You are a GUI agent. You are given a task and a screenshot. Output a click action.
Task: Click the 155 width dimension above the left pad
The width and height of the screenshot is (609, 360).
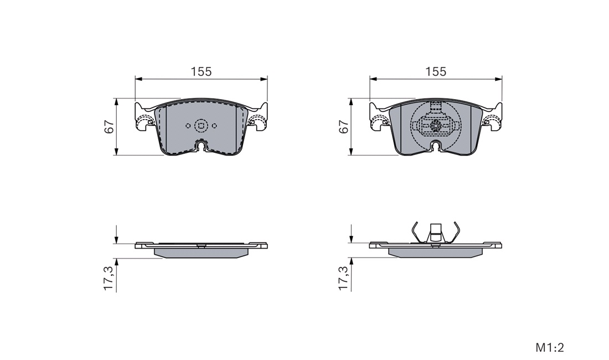(x=201, y=72)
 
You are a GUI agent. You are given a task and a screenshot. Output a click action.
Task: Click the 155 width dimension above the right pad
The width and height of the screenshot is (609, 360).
(x=436, y=72)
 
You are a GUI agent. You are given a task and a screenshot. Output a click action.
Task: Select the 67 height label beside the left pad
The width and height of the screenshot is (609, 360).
(x=110, y=127)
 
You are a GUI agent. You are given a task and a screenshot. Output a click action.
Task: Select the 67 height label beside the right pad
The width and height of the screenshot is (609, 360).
(x=344, y=127)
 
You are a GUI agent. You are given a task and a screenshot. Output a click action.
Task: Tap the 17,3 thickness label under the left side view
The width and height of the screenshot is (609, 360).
(x=109, y=278)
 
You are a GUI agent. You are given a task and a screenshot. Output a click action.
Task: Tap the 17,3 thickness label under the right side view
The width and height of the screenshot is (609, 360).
(x=344, y=278)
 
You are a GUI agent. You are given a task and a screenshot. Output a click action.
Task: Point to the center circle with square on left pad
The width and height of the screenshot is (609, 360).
(x=201, y=125)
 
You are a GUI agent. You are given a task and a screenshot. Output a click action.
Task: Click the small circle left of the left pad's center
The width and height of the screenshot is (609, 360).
(x=188, y=126)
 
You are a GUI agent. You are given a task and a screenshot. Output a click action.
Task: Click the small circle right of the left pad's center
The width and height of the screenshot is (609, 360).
(x=214, y=126)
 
